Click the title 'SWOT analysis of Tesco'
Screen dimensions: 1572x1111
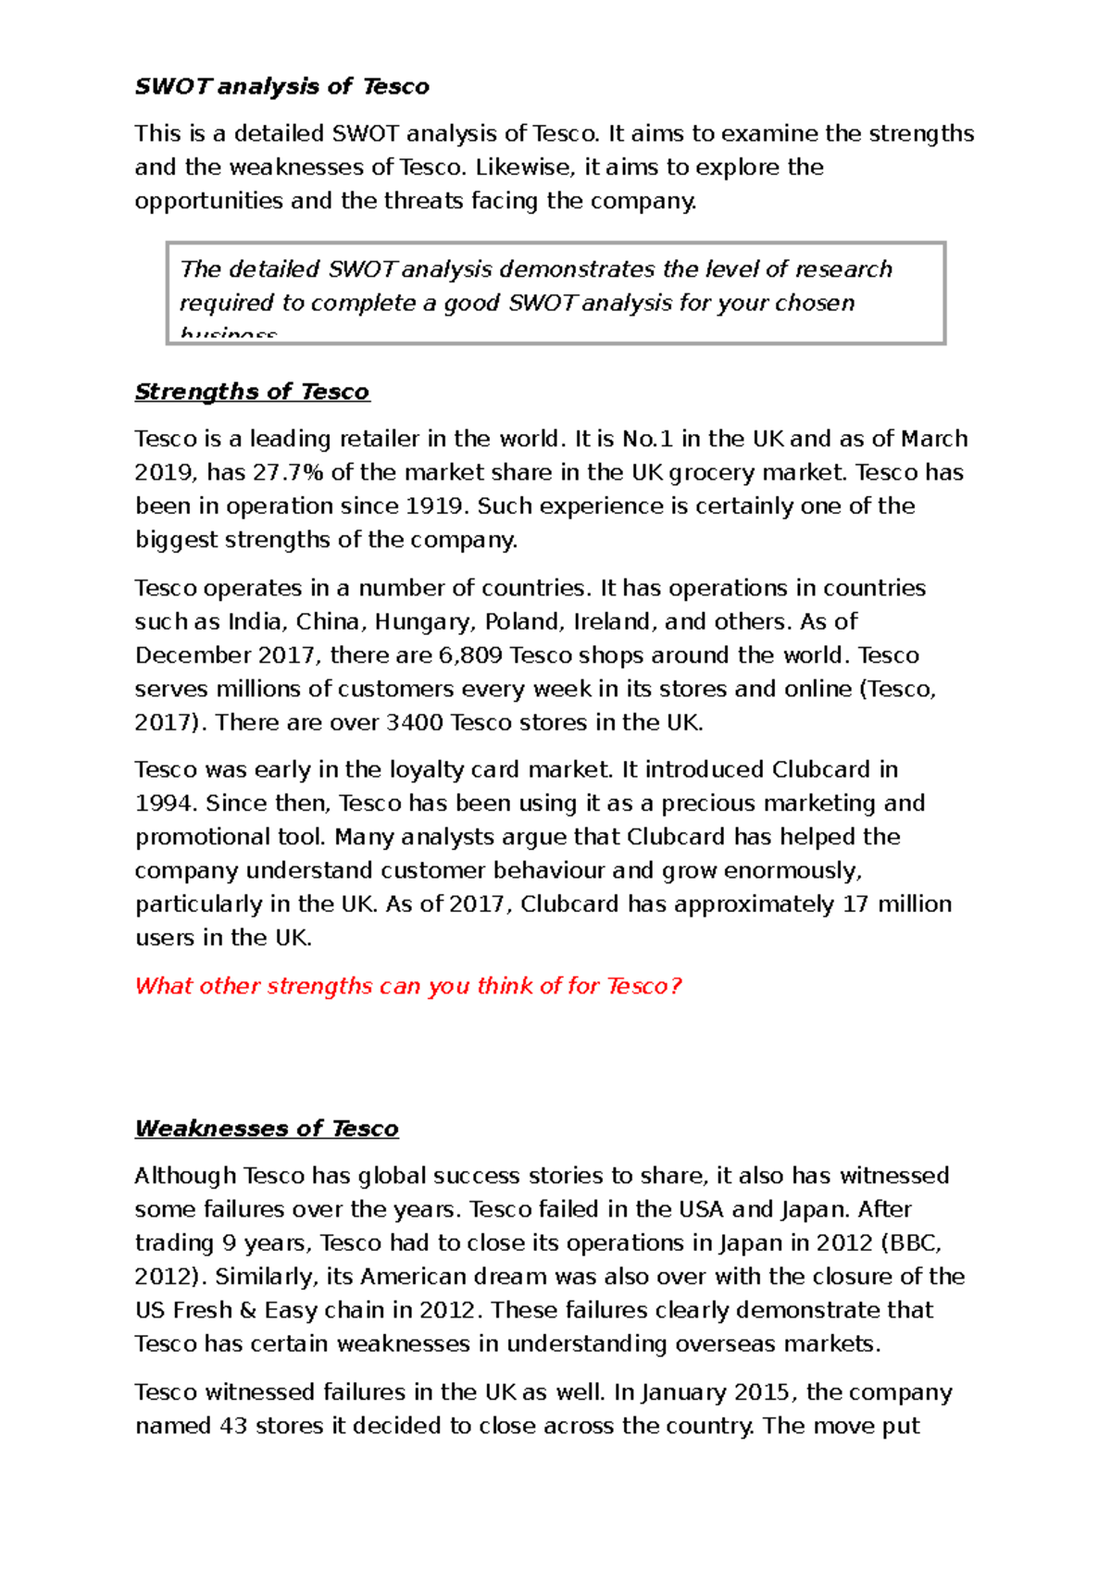click(281, 87)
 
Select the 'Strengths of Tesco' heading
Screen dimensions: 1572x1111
click(252, 393)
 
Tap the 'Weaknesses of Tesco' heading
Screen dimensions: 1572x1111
click(267, 1129)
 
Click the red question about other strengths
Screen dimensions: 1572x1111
click(408, 986)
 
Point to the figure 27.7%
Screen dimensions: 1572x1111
click(288, 473)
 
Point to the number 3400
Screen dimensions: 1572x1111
click(414, 723)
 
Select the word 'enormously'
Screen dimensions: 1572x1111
click(793, 871)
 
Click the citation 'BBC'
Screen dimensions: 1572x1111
click(917, 1243)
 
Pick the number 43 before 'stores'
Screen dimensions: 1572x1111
click(233, 1427)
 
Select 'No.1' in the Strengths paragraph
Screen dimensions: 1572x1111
click(647, 439)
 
